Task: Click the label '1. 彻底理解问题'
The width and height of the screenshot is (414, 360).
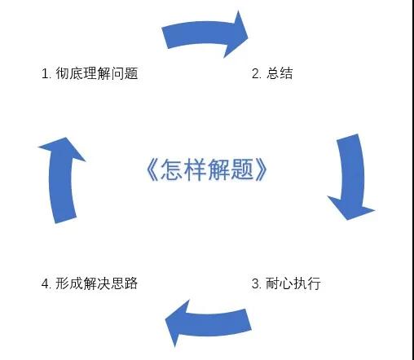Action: (90, 73)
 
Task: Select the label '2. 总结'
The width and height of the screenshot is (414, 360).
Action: (272, 73)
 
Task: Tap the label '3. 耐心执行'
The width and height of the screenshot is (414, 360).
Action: (286, 283)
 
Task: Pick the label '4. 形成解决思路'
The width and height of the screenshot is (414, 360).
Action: (90, 283)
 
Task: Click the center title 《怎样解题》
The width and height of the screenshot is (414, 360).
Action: (207, 169)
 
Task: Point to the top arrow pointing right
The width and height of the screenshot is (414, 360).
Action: (204, 33)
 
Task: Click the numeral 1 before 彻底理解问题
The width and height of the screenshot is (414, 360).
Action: (45, 73)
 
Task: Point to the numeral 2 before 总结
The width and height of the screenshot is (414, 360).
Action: (255, 73)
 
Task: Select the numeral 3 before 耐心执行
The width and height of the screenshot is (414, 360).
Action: (255, 283)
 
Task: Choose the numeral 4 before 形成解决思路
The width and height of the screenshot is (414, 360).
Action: (45, 283)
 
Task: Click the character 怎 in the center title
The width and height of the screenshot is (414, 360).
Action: (171, 169)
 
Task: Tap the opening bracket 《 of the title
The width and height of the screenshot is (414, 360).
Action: (152, 169)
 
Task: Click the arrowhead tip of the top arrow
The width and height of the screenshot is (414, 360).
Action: (248, 37)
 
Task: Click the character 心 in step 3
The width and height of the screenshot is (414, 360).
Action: (286, 283)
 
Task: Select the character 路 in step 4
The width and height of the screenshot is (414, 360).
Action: (131, 283)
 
